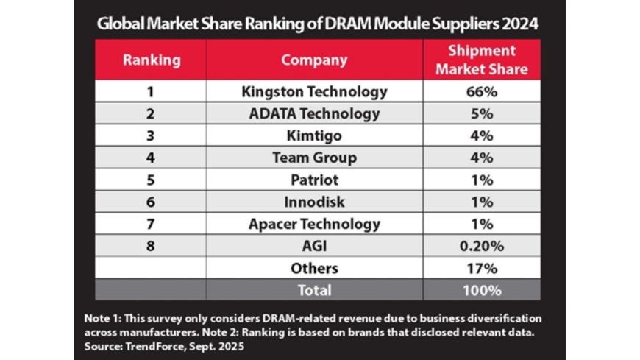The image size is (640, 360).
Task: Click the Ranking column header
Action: tap(151, 60)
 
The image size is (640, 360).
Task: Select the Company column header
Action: tap(314, 60)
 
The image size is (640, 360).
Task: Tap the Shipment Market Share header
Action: tap(481, 60)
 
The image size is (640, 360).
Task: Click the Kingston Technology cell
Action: tap(314, 92)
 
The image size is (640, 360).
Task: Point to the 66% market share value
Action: tap(481, 92)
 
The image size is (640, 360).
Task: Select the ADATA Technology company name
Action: tap(314, 114)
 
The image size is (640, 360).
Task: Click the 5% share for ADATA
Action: tap(481, 114)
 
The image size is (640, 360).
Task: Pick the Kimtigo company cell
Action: tap(314, 135)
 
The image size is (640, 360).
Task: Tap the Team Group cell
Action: tap(314, 158)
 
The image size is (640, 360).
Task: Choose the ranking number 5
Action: tap(151, 180)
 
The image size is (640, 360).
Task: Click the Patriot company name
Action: tap(314, 180)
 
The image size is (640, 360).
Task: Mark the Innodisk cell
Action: tap(314, 202)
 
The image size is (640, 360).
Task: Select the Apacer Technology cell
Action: tap(314, 224)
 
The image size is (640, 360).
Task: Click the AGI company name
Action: tap(314, 246)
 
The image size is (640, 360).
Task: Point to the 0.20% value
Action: tap(481, 246)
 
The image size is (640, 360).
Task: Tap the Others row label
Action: tap(314, 268)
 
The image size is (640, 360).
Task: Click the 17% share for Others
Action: tap(481, 268)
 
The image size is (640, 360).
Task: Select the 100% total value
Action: tap(481, 290)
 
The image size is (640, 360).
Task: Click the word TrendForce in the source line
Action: tap(146, 344)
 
